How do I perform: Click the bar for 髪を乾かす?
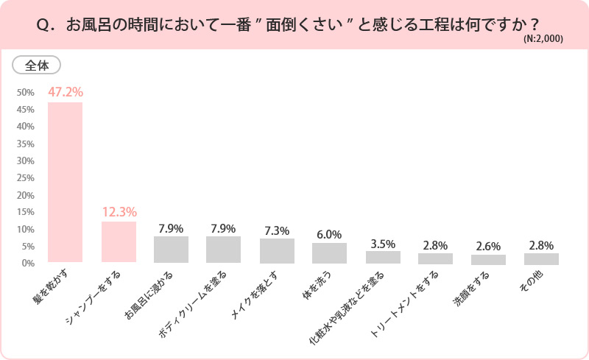(65, 183)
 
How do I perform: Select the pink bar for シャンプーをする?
(119, 242)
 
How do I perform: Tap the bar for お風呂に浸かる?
(171, 250)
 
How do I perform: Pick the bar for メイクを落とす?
(277, 251)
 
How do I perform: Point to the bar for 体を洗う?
(329, 253)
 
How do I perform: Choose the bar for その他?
(541, 258)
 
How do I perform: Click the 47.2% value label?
(66, 93)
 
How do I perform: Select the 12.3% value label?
(119, 212)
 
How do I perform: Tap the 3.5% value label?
(383, 244)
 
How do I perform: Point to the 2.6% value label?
(489, 247)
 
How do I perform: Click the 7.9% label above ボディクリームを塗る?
(224, 228)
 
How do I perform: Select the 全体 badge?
(37, 66)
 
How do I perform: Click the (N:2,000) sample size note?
(543, 40)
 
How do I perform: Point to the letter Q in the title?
(42, 24)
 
